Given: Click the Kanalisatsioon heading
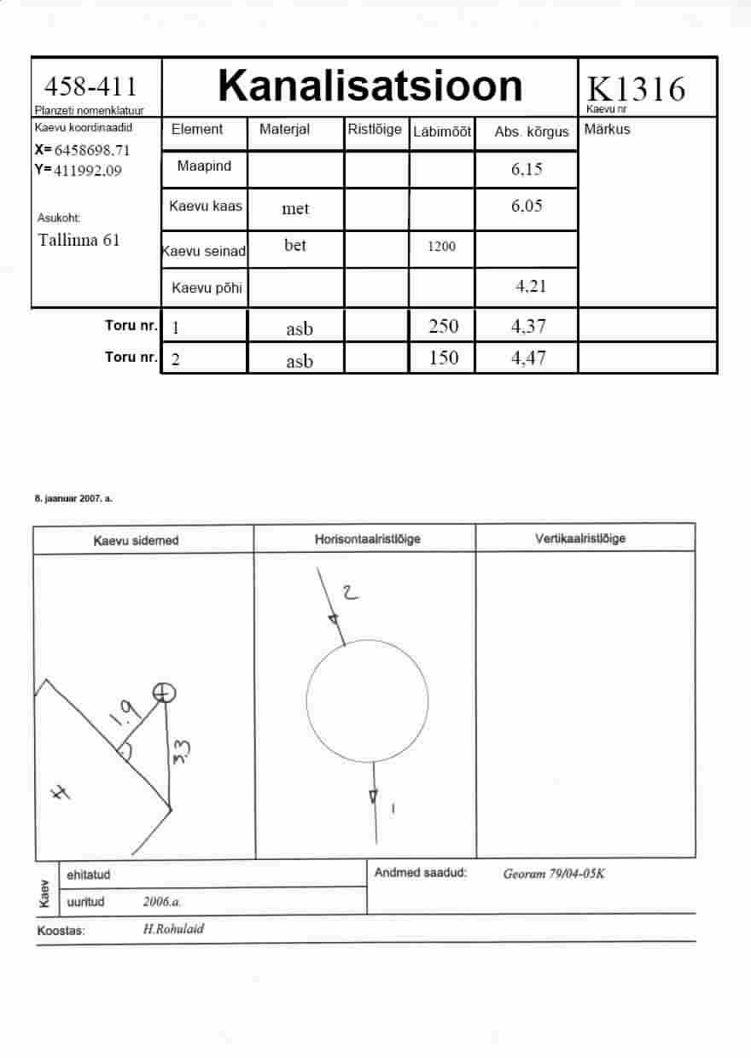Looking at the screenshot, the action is point(370,85).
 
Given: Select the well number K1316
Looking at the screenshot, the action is point(636,89).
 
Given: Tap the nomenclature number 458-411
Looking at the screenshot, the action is point(90,86).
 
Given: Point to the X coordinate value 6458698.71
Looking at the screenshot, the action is point(91,150).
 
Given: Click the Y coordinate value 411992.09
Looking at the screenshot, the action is point(87,171).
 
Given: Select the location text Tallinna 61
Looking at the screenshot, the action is point(79,240).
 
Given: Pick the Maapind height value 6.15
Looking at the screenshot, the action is point(527,169).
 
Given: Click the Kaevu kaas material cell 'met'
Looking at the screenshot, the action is point(295,208).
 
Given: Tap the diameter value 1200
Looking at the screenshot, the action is point(441,246).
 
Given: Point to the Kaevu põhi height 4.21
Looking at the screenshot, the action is point(531,286).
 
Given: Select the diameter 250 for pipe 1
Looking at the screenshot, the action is point(444,326).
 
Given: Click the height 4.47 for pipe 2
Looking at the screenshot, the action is point(528,358).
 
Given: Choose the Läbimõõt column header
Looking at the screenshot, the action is point(441,131).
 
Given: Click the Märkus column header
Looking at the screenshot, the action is point(607,129).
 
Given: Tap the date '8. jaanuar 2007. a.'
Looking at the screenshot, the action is point(73,498).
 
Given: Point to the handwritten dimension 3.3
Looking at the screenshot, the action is point(182,751).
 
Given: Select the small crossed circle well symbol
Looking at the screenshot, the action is point(165,694).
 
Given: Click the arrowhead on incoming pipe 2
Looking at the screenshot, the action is point(334,620).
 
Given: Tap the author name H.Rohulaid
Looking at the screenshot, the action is point(174,928).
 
